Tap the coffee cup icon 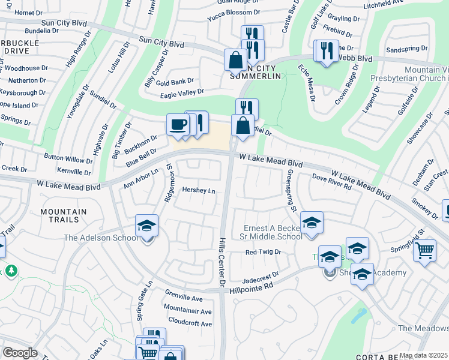click(178, 125)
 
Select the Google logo click(20, 353)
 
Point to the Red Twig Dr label click(264, 252)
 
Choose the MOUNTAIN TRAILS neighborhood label click(63, 217)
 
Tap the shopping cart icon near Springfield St click(424, 248)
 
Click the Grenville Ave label click(184, 298)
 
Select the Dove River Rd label click(332, 182)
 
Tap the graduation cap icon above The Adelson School click(146, 226)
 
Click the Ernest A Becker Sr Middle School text click(273, 232)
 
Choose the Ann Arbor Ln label click(140, 178)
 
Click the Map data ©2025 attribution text click(423, 355)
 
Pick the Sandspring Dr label click(407, 48)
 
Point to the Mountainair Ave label click(187, 311)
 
